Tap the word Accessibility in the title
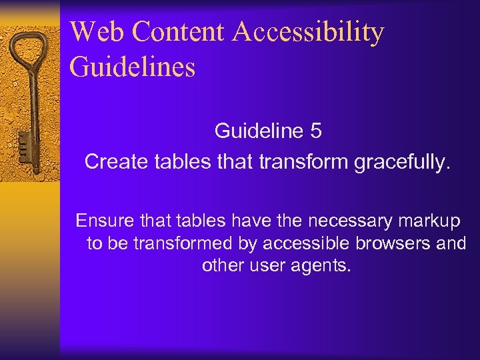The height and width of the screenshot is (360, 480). (x=310, y=32)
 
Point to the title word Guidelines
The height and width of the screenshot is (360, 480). (x=132, y=67)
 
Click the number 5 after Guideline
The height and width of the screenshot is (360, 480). (x=316, y=131)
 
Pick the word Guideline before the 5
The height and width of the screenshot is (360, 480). (x=259, y=131)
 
